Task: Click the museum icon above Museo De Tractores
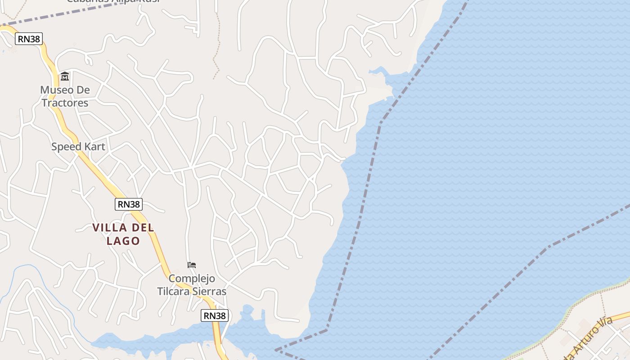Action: click(65, 76)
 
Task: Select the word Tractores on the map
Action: click(65, 103)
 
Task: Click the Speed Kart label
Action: click(78, 147)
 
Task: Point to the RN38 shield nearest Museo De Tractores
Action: click(29, 39)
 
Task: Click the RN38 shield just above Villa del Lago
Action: click(129, 204)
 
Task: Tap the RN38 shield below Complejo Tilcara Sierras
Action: click(215, 316)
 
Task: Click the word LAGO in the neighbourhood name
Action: click(123, 241)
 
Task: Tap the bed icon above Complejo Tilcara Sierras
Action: click(192, 265)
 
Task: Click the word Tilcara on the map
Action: click(173, 291)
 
